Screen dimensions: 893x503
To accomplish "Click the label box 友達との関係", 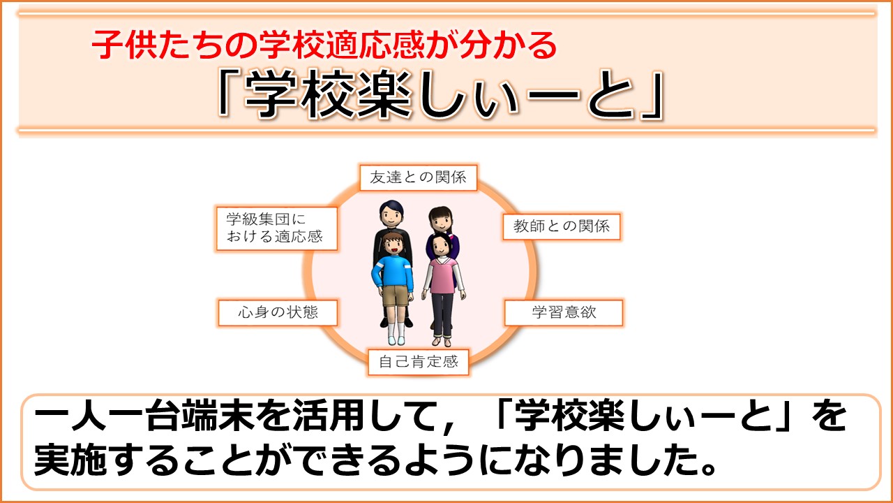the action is pyautogui.click(x=418, y=177).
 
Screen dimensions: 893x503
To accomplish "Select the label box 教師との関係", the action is pyautogui.click(x=562, y=227).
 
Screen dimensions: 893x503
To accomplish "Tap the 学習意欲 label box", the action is pyautogui.click(x=564, y=312).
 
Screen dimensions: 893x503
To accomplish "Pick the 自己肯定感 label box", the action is pyautogui.click(x=418, y=362).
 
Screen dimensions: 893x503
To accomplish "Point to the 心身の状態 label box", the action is pyautogui.click(x=278, y=312).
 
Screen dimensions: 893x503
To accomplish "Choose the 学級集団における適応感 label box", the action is pyautogui.click(x=277, y=228).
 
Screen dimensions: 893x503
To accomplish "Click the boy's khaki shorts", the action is pyautogui.click(x=396, y=296).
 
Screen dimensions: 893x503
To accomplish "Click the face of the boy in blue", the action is pyautogui.click(x=393, y=246).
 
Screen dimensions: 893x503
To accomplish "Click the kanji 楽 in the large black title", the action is pyautogui.click(x=384, y=94).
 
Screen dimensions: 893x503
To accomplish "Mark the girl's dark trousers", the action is pyautogui.click(x=442, y=315).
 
